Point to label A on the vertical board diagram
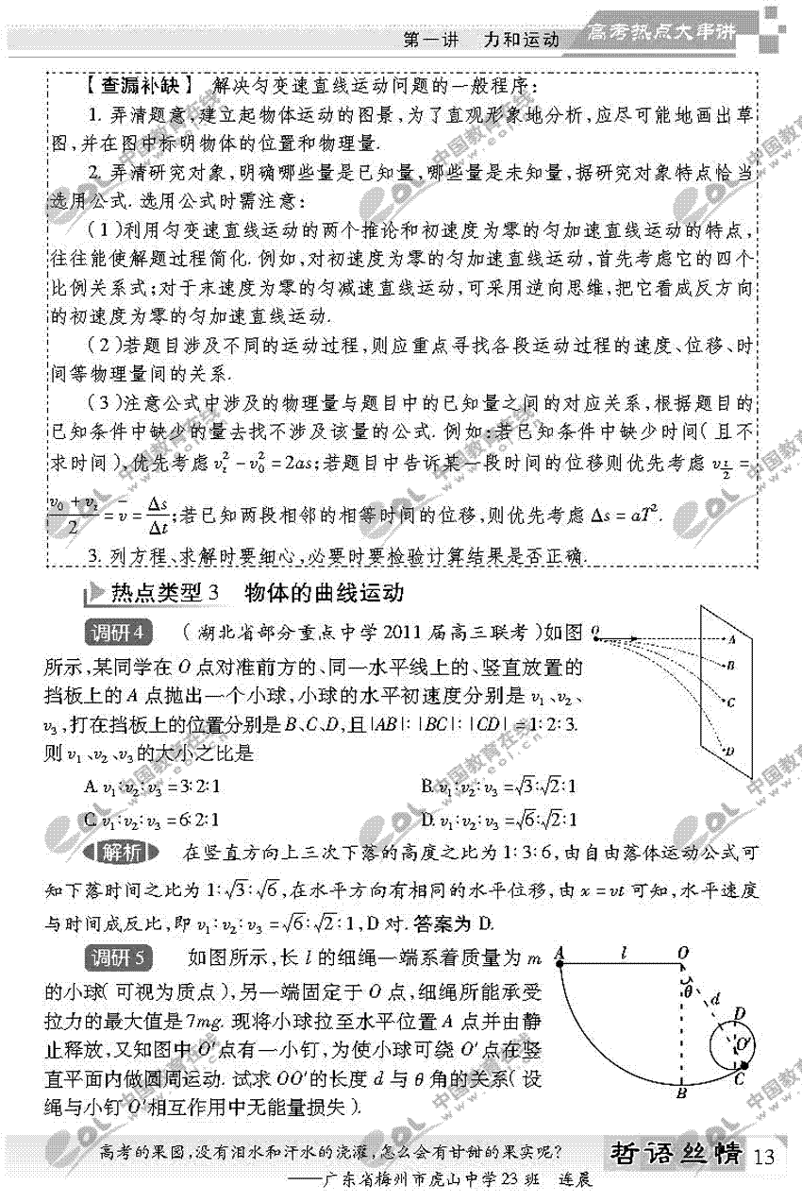point(731,639)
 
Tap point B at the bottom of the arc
point(680,1093)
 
